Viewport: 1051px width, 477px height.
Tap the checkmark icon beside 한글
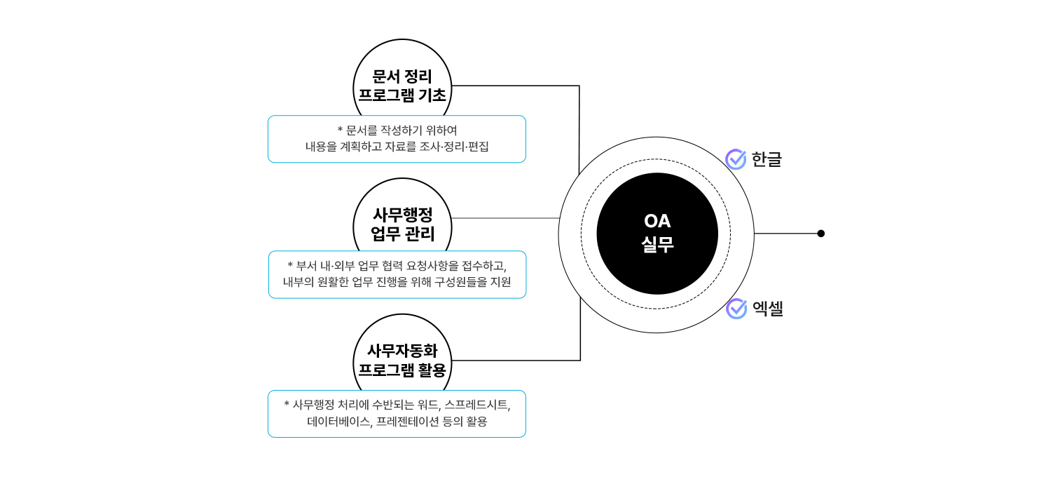pos(736,159)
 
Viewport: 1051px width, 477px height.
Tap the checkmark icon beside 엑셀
pos(736,309)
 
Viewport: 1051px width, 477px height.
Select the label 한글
pos(767,159)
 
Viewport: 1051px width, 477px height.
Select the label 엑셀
pos(768,309)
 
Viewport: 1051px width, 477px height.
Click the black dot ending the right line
pos(821,234)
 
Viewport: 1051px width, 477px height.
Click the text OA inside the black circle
pos(657,221)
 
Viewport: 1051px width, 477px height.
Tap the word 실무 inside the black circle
pos(657,245)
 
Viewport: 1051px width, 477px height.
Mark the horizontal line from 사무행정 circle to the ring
pos(504,218)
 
